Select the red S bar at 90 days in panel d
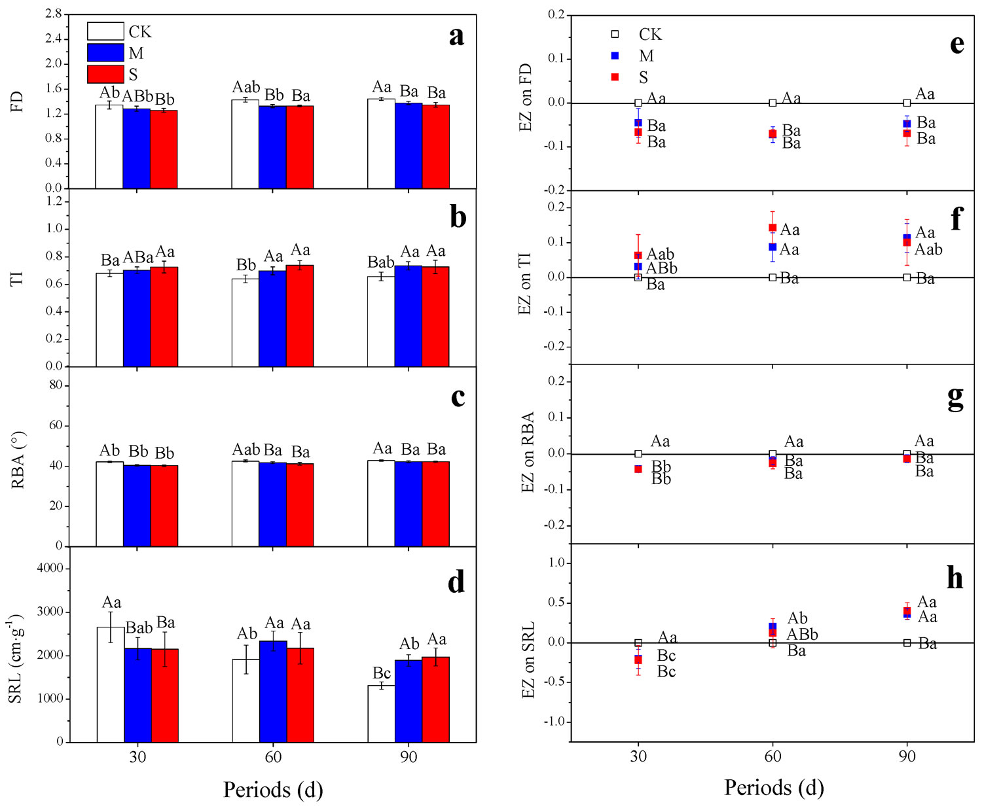pos(435,699)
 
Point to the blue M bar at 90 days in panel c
pos(409,503)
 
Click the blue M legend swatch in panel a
pos(105,53)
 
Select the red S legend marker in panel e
pos(615,77)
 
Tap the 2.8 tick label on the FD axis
pos(54,14)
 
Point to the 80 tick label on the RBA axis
pos(56,385)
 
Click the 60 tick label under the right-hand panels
pos(773,757)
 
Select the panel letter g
pos(955,396)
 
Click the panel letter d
pos(456,582)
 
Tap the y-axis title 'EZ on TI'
pos(525,283)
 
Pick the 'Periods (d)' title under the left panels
pos(273,790)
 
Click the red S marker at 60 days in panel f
pos(773,228)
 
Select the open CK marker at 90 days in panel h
pos(907,643)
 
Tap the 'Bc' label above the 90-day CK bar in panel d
pos(382,673)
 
